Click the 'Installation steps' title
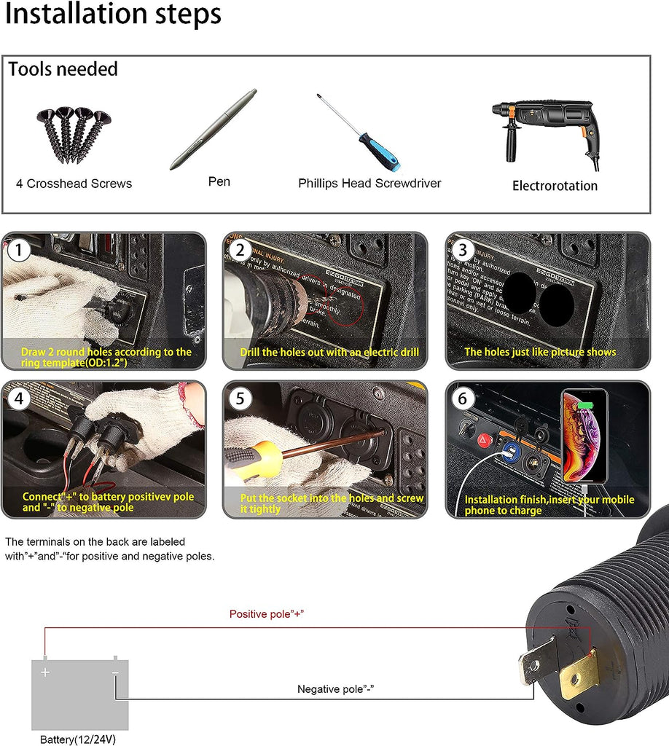[113, 15]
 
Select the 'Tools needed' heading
[63, 70]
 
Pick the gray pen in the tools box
[214, 129]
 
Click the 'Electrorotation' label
[555, 186]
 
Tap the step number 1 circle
[19, 251]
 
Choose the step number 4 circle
[19, 399]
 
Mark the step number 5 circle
[240, 399]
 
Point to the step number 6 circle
[463, 399]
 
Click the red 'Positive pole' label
[267, 614]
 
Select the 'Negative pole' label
[336, 688]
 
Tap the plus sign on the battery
[45, 672]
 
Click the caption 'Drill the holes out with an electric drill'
[329, 353]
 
